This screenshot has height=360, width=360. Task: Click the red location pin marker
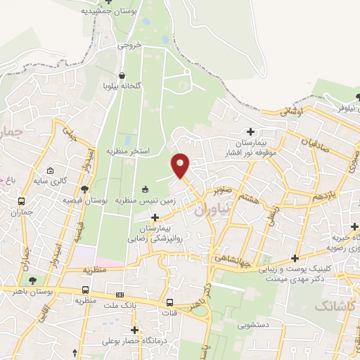181,165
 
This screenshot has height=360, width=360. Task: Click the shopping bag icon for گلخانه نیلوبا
122,75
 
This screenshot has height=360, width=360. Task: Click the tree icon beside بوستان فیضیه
84,188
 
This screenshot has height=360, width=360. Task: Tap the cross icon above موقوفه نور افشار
251,131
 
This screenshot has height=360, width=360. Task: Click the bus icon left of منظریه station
85,290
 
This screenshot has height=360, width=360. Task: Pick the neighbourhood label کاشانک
336,305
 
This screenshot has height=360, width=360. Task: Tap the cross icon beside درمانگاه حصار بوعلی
134,329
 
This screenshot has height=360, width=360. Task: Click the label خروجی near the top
129,44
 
